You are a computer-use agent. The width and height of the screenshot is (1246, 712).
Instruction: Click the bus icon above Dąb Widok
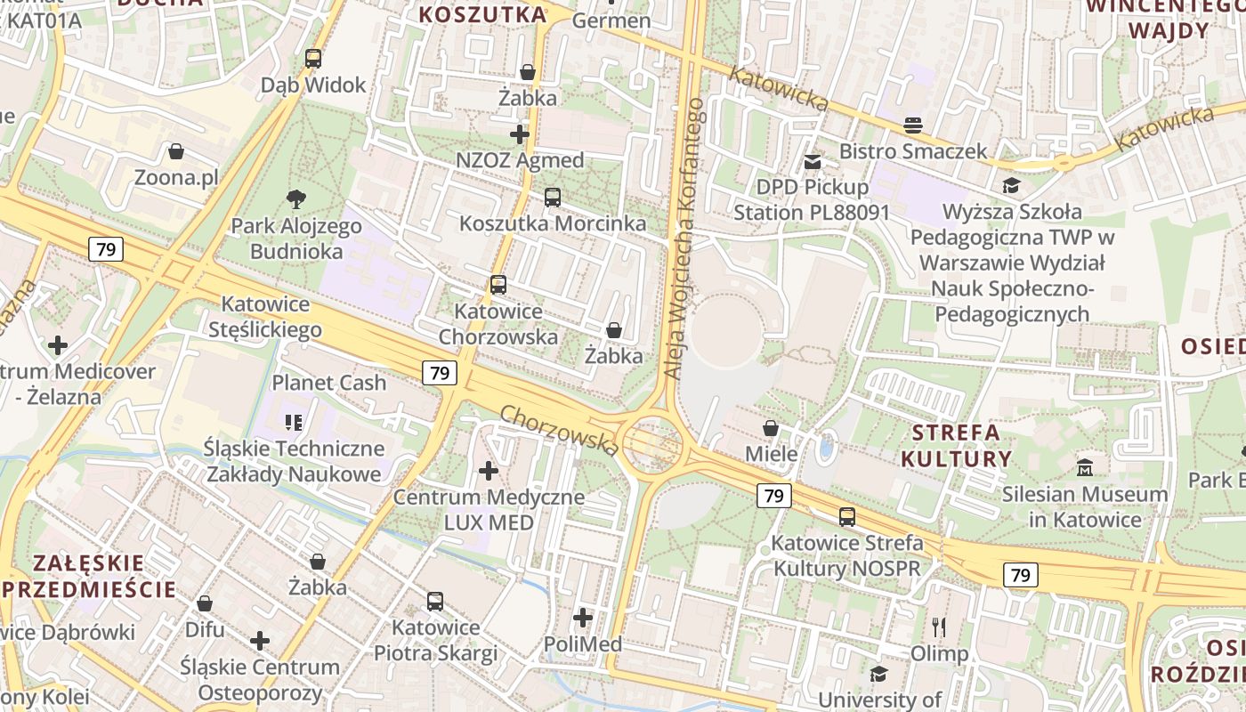[312, 59]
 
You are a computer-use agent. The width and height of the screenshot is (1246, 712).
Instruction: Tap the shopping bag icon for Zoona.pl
[176, 152]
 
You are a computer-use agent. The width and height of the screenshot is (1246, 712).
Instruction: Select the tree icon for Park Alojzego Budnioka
[295, 199]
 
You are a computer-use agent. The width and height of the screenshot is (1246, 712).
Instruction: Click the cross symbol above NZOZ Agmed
[520, 134]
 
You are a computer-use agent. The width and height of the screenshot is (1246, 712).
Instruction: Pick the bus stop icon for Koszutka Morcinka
[552, 198]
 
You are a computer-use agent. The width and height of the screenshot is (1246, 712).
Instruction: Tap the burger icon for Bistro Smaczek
[913, 125]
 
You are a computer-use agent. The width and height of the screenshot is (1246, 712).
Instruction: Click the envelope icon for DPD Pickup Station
[812, 162]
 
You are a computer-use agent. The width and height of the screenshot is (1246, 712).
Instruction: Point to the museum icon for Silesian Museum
[1084, 467]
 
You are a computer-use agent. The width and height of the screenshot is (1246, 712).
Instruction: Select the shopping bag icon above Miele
[771, 428]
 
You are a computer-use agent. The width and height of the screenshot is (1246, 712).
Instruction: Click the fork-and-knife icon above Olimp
[938, 627]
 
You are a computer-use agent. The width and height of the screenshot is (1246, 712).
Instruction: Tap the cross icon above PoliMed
[582, 617]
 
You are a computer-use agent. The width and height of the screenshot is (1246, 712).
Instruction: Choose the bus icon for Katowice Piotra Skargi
[434, 602]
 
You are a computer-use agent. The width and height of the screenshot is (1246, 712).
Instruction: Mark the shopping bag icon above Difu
[205, 603]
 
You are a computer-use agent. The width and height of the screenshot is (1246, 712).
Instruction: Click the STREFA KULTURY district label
[956, 446]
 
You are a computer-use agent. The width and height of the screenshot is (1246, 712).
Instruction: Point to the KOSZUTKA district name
[482, 14]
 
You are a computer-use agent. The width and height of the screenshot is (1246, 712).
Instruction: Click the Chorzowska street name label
[559, 431]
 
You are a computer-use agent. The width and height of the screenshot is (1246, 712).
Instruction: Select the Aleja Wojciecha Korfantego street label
[684, 239]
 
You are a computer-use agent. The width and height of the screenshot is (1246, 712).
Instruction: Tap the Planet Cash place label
[328, 383]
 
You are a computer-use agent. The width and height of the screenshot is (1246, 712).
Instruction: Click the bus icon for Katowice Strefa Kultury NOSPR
[846, 517]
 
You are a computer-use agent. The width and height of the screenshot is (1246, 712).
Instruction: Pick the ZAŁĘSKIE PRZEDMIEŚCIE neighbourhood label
[89, 576]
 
